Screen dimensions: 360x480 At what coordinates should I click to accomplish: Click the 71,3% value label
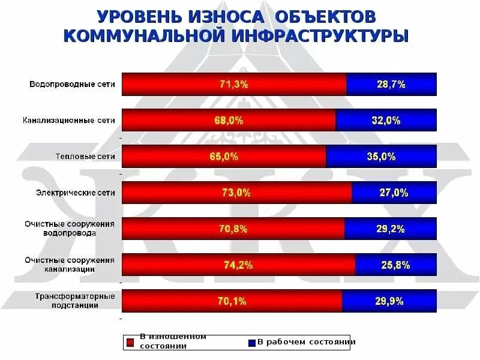(233, 85)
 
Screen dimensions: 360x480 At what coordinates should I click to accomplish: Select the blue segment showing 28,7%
(391, 85)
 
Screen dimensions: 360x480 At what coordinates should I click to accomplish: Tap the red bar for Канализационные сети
(229, 121)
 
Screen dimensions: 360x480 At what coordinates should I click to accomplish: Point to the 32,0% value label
(386, 121)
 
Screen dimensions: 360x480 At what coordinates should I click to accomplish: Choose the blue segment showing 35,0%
(381, 157)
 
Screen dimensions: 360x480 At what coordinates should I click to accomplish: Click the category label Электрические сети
(76, 193)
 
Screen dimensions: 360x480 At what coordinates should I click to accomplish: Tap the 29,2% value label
(390, 229)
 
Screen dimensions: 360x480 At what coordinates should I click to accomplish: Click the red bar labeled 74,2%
(238, 265)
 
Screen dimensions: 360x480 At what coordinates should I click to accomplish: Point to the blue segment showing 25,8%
(395, 265)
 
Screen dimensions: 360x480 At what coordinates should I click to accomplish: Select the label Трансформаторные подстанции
(74, 300)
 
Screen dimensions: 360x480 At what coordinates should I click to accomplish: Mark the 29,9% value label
(389, 301)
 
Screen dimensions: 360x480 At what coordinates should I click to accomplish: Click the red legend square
(129, 343)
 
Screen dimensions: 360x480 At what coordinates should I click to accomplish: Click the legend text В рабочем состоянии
(306, 342)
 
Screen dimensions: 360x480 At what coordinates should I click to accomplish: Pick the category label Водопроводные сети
(72, 85)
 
